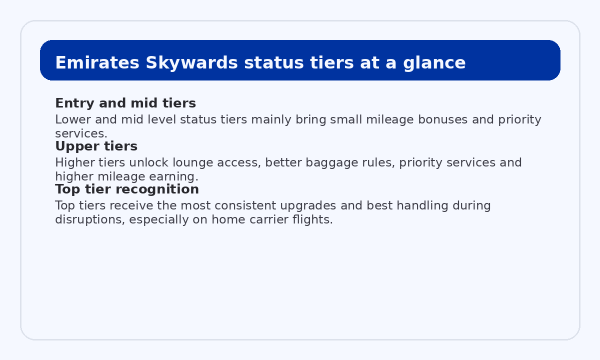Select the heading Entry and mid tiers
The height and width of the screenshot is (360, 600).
point(125,103)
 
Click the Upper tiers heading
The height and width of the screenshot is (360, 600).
point(96,146)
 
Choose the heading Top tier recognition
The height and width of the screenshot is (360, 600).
point(127,189)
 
